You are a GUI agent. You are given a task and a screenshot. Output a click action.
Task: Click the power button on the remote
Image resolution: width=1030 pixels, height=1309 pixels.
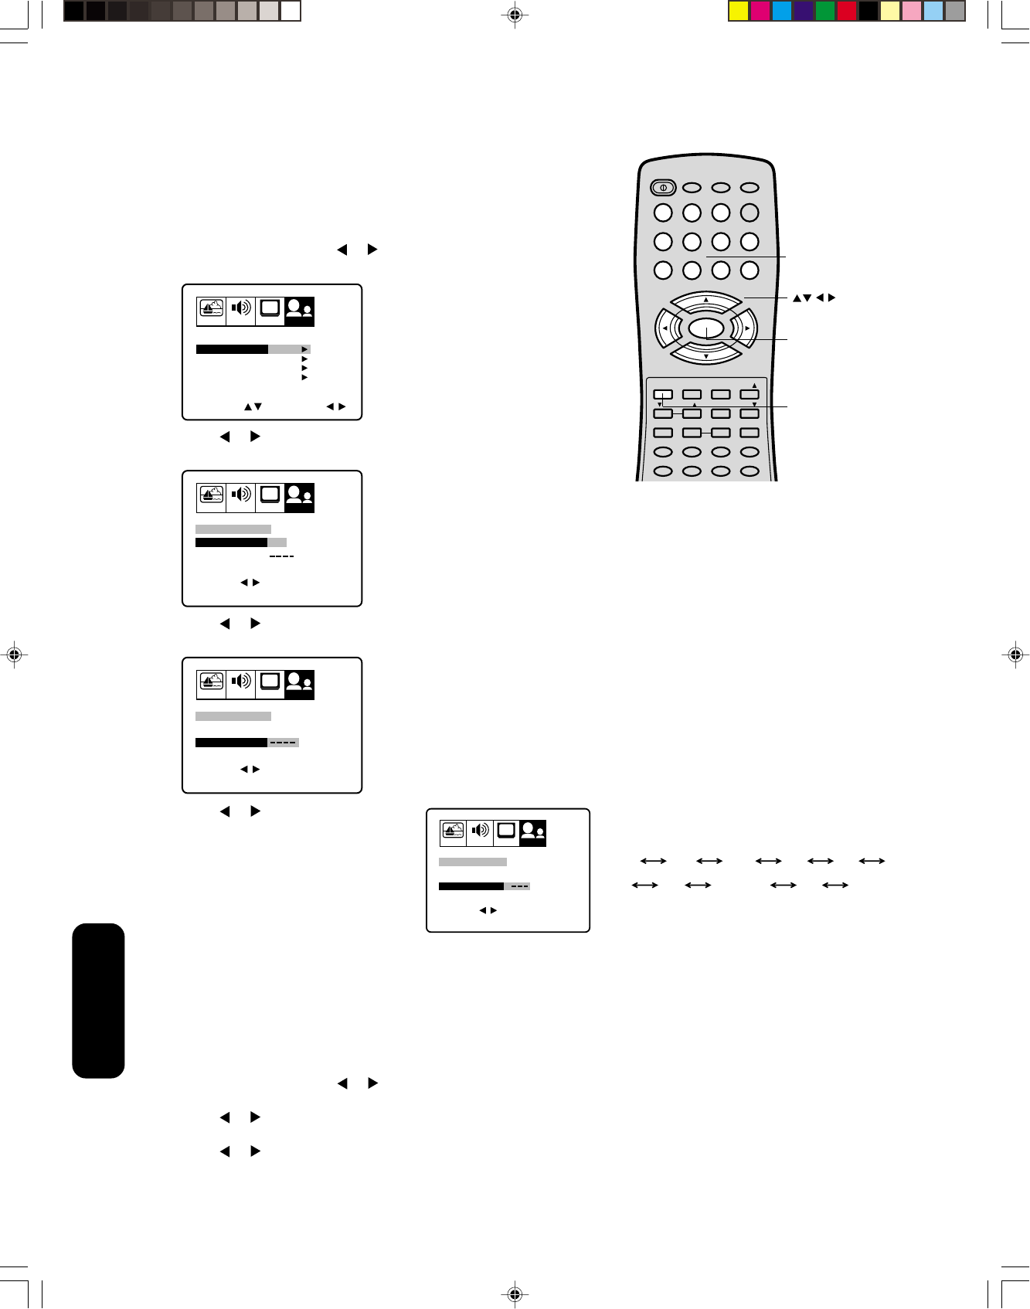click(x=663, y=187)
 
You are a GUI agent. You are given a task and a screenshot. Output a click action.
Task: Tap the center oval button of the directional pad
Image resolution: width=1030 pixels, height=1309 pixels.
click(x=706, y=329)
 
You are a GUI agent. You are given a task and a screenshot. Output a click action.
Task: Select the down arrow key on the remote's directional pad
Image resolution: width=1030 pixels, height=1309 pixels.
click(x=706, y=355)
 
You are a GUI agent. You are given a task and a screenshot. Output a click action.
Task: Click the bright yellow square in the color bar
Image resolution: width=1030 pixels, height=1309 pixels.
click(x=739, y=12)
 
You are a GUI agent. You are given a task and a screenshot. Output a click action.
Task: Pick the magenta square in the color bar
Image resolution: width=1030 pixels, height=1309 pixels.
click(x=760, y=12)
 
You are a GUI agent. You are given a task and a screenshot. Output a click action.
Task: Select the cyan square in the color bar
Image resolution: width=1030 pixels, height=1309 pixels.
click(x=782, y=12)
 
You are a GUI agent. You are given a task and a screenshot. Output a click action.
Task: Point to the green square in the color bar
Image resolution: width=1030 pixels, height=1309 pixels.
click(x=825, y=12)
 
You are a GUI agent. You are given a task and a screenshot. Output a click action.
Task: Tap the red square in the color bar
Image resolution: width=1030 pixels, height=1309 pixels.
click(x=847, y=12)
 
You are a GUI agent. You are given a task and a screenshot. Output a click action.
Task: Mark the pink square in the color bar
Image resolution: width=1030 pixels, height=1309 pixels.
click(x=912, y=12)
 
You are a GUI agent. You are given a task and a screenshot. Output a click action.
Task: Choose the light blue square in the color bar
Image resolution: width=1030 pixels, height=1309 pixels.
click(x=933, y=12)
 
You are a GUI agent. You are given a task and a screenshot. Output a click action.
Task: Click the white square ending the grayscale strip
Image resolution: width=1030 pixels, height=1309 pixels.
click(x=291, y=12)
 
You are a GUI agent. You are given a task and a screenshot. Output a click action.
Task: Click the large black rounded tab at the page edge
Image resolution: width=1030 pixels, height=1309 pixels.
click(x=98, y=1000)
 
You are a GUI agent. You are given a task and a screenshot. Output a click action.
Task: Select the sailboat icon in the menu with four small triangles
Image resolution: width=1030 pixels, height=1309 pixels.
click(x=211, y=309)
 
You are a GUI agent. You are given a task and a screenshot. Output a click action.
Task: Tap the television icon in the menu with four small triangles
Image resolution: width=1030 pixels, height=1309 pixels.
click(x=270, y=309)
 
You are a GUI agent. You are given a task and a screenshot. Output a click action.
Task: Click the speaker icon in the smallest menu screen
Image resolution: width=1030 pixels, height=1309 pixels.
click(x=480, y=831)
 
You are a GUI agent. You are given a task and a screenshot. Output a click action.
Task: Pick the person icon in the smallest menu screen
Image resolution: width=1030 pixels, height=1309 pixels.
click(x=532, y=831)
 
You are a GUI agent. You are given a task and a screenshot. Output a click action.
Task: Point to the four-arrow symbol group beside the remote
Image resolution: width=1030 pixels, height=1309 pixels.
click(x=814, y=298)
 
